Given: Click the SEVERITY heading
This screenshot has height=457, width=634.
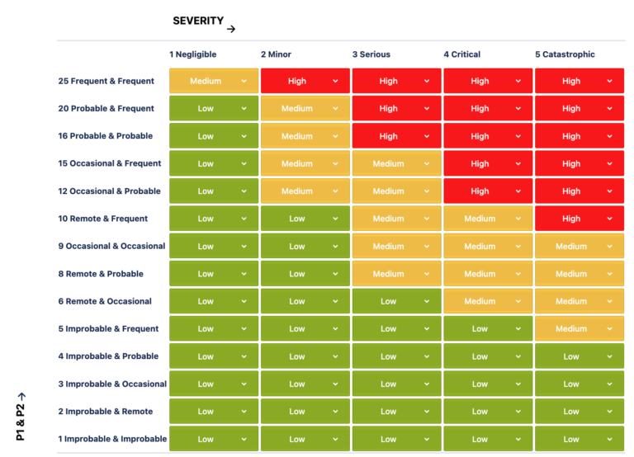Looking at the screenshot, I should [x=198, y=21].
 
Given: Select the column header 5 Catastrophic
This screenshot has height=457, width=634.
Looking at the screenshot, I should [x=565, y=54].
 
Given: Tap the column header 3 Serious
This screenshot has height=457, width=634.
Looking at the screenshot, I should [x=371, y=54].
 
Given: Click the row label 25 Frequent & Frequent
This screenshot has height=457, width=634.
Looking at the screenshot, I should [x=106, y=81].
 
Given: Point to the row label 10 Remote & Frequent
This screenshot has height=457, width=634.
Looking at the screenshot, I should [x=103, y=219].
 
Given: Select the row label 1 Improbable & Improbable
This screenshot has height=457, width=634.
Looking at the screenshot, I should [x=112, y=439].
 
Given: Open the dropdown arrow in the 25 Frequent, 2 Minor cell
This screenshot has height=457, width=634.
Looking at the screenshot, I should [x=335, y=81].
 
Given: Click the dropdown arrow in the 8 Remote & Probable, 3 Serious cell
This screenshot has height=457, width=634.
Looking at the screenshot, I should [x=427, y=274].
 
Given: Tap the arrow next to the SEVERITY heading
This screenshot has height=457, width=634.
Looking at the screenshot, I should [x=231, y=29].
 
